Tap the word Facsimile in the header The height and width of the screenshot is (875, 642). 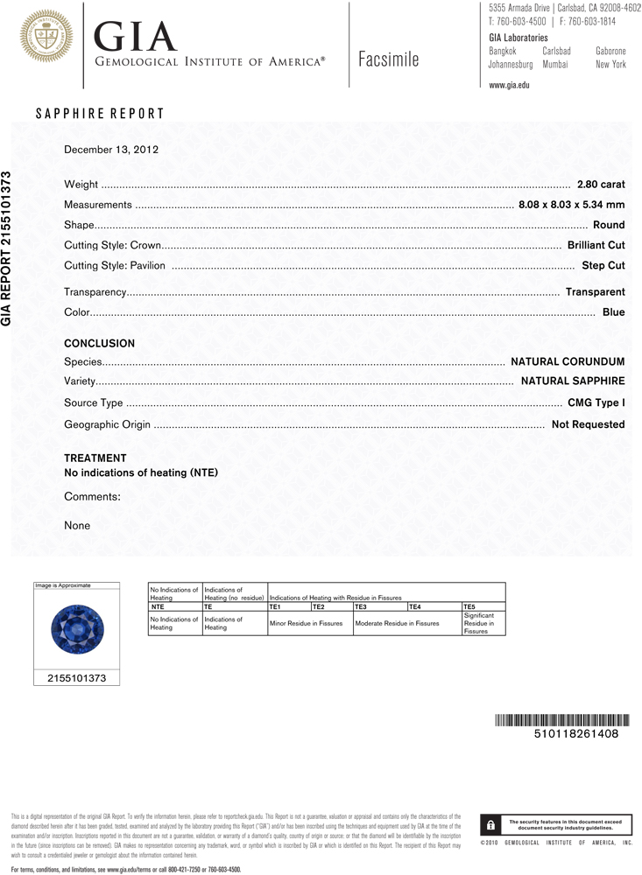(389, 59)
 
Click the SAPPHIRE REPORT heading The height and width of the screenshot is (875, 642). (99, 114)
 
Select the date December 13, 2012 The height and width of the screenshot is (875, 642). (111, 150)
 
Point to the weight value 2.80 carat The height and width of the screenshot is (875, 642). (601, 185)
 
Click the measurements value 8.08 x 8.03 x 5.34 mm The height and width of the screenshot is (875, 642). (571, 205)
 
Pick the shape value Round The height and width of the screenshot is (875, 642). (609, 225)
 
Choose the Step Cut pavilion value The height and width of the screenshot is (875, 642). (603, 265)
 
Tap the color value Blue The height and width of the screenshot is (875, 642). (613, 312)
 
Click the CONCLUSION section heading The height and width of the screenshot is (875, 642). (100, 344)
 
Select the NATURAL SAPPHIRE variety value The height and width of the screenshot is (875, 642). (573, 381)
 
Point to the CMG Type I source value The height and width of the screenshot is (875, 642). (596, 403)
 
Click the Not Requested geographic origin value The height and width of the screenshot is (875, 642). (588, 424)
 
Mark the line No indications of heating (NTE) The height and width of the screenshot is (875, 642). (141, 472)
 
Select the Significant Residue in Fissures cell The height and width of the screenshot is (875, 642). (483, 623)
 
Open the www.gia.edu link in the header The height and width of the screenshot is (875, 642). (509, 86)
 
